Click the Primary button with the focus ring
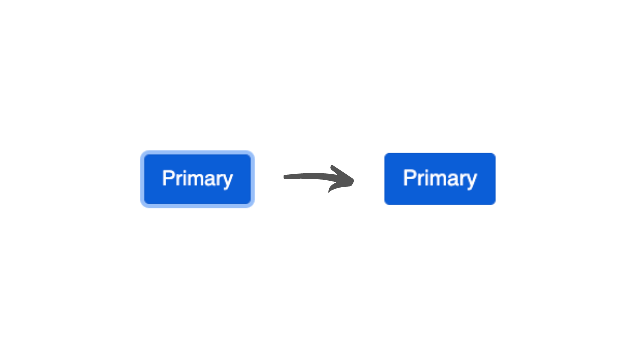(197, 179)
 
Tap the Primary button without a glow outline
(440, 179)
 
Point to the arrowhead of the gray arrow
(351, 181)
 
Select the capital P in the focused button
(167, 178)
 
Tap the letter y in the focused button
(228, 180)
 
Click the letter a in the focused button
(210, 180)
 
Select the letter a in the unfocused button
(452, 180)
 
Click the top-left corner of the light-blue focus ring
(142, 152)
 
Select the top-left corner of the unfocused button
(386, 154)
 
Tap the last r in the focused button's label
(219, 180)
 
